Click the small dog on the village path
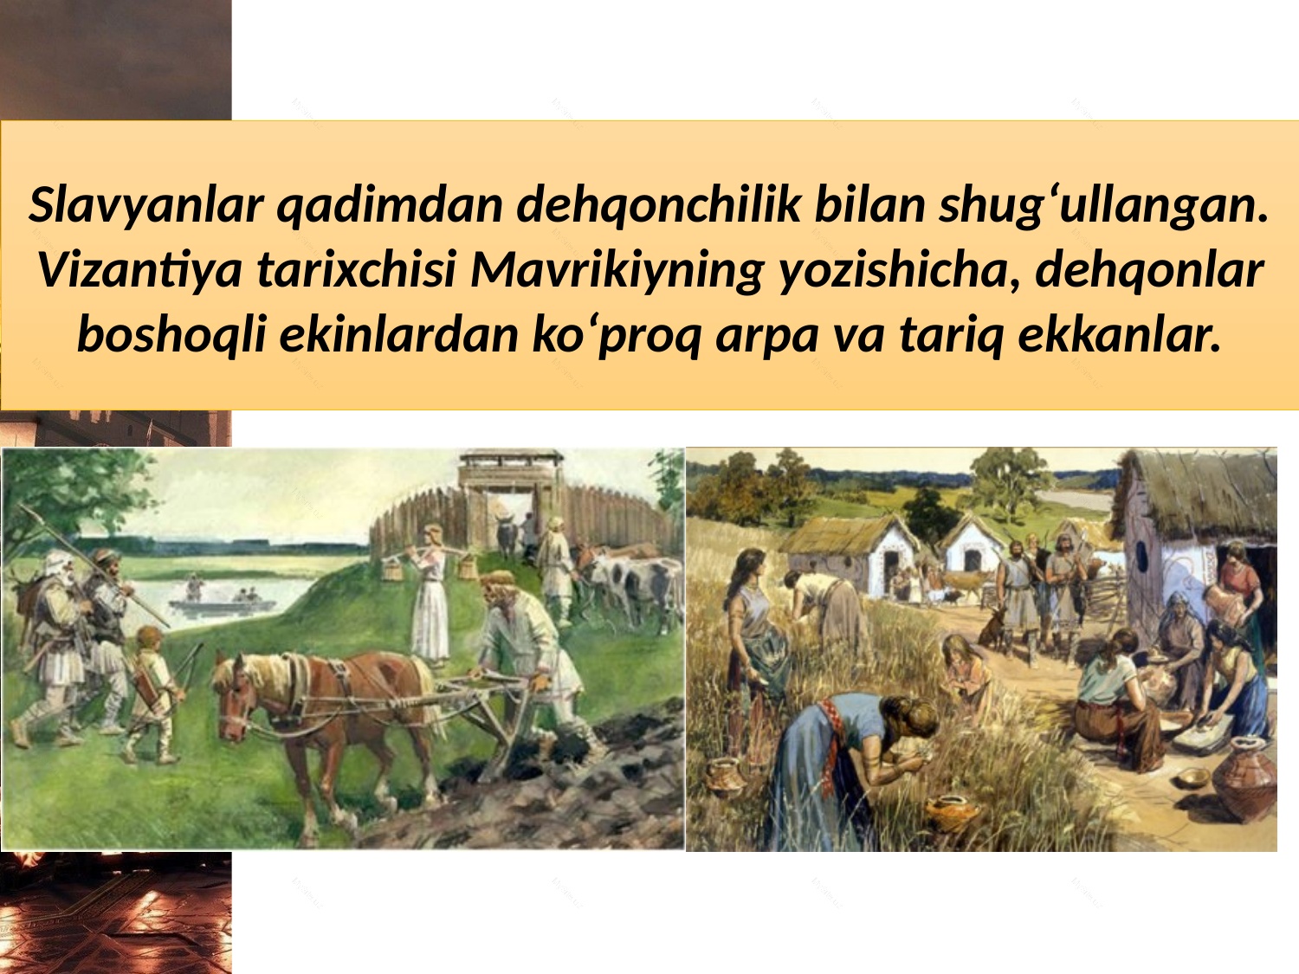[x=992, y=629]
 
